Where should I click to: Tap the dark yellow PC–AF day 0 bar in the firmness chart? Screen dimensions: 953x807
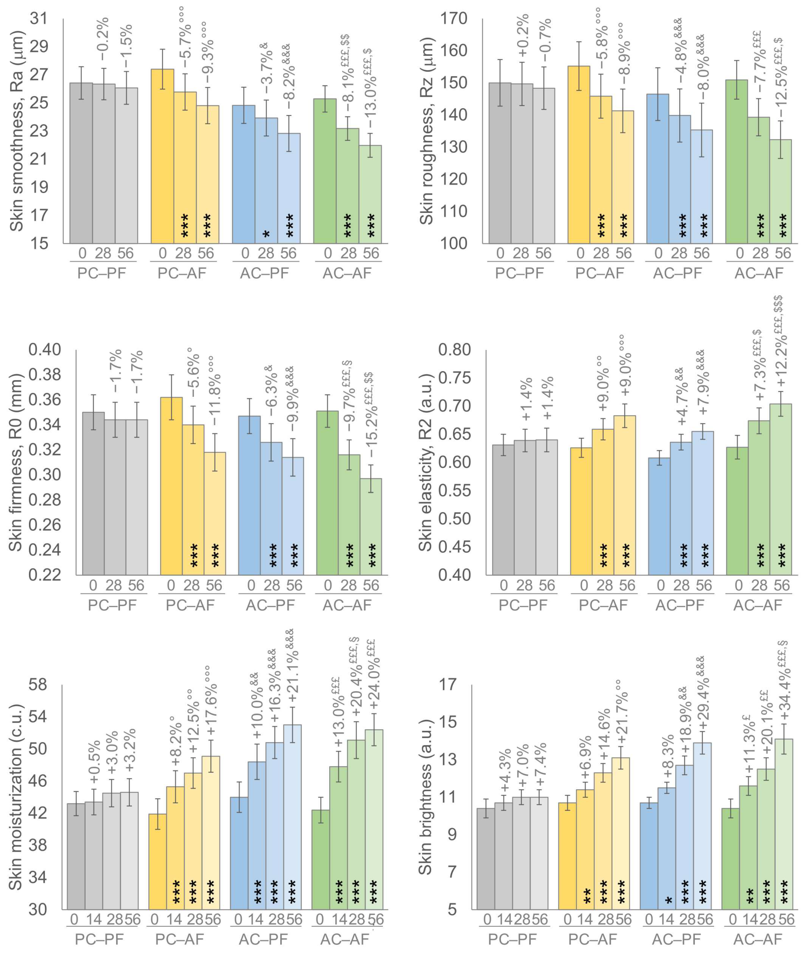pos(172,485)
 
